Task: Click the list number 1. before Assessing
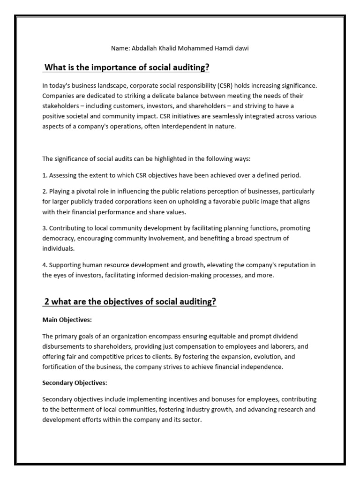point(45,175)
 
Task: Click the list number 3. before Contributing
point(45,228)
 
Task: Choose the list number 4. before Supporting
point(45,265)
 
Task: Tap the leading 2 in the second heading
point(47,301)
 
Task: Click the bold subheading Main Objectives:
point(67,319)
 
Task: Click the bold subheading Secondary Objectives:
point(75,382)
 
